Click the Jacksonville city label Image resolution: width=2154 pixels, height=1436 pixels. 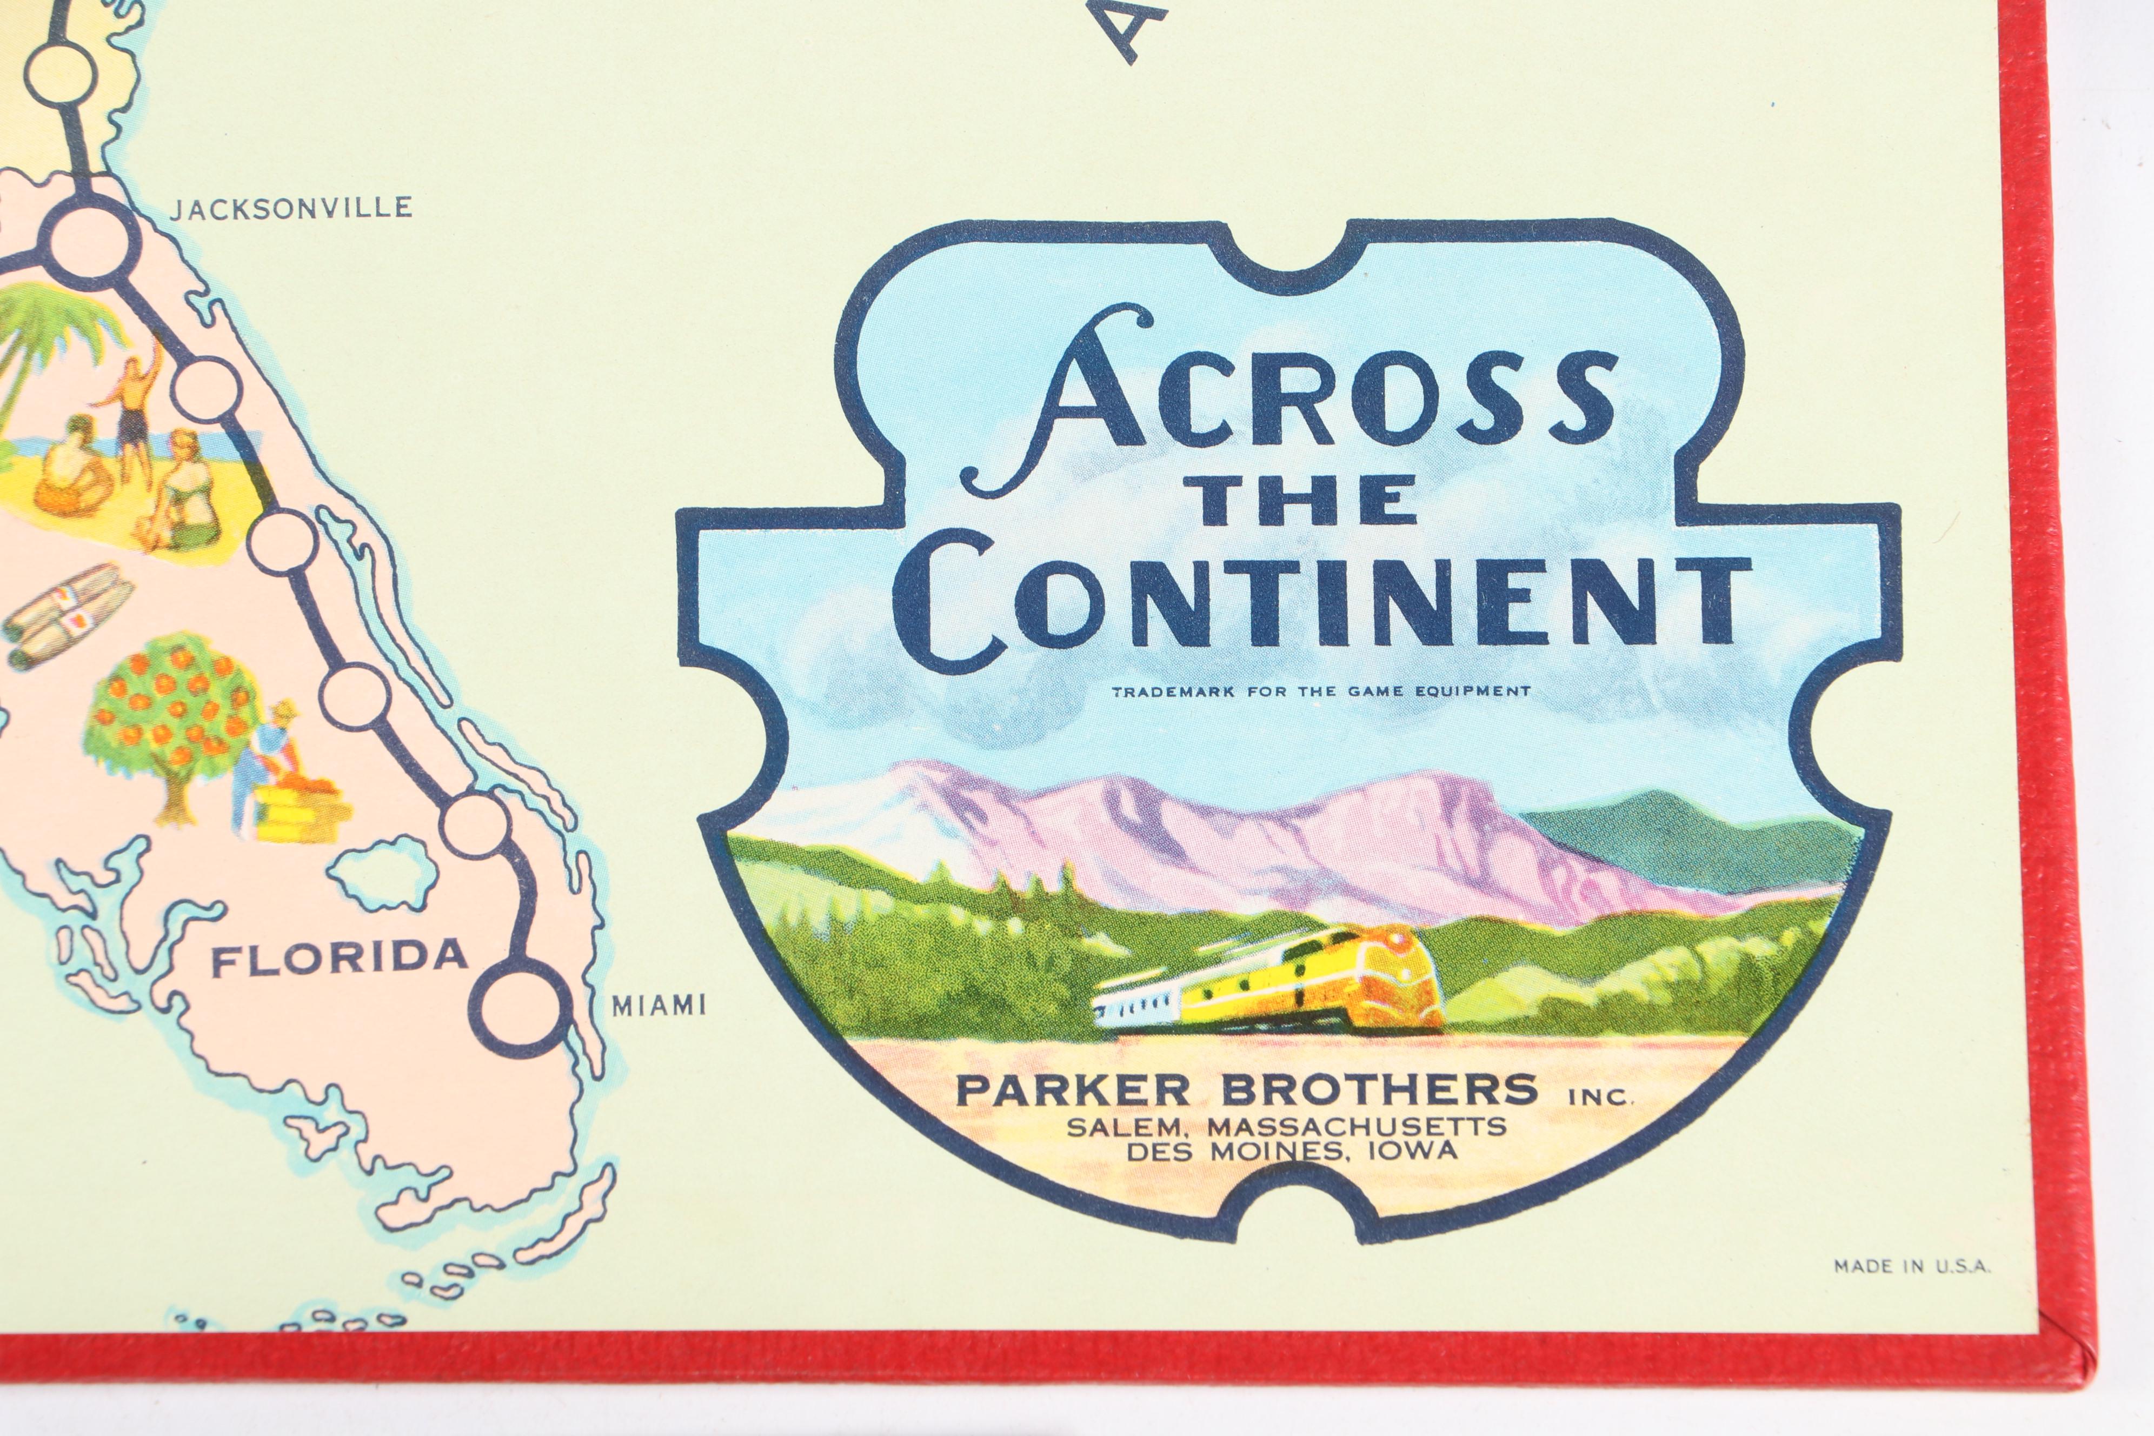291,208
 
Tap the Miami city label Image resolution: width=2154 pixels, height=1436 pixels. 659,1006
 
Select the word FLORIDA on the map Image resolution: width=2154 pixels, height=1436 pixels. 339,958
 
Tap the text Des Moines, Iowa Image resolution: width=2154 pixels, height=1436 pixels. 1291,1151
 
